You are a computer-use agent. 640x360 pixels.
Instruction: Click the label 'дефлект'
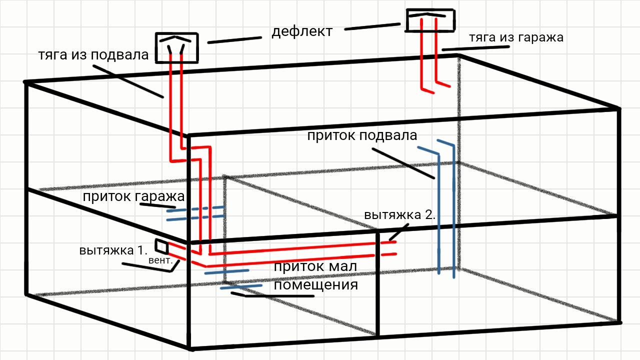302,31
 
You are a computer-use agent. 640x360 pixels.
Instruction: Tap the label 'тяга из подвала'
93,55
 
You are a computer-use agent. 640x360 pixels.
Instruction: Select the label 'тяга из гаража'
516,38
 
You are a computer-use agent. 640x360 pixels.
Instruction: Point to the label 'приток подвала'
362,135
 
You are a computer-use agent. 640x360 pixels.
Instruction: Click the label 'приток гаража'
134,196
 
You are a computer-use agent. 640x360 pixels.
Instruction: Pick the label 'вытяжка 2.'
400,215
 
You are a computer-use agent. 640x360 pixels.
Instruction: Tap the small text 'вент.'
160,260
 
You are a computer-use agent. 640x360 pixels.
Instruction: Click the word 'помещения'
316,285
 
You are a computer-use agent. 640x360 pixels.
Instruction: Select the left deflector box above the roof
176,47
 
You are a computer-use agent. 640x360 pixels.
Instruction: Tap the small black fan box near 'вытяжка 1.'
161,246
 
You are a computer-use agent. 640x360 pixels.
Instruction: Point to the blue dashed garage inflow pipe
195,213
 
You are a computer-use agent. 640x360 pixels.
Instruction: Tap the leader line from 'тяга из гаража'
475,48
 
